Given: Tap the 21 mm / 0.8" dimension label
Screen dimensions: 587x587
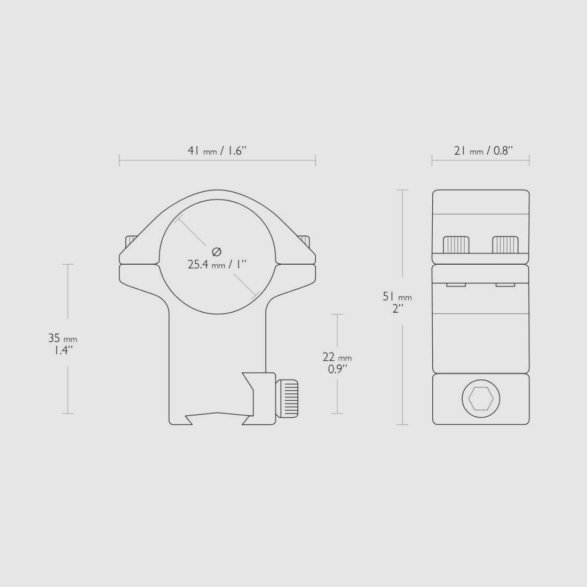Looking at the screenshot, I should coord(483,151).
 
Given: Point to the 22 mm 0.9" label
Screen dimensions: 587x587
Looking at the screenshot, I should coord(337,363).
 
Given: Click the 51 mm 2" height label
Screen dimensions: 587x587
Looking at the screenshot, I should coord(397,303).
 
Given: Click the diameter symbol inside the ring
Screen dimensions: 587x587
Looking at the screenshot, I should coord(216,251).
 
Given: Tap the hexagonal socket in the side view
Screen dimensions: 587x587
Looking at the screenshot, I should coord(480,399).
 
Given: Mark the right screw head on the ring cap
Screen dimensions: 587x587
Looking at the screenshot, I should coord(304,241).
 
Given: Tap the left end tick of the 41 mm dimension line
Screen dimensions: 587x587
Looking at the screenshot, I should coord(120,160).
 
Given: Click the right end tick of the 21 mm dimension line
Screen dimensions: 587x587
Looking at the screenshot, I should coord(529,160).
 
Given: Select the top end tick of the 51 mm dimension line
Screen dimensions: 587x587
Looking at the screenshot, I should coord(402,190).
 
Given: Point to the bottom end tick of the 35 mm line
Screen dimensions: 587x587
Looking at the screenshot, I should coord(67,414).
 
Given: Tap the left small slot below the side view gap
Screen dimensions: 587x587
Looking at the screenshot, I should coord(456,285).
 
